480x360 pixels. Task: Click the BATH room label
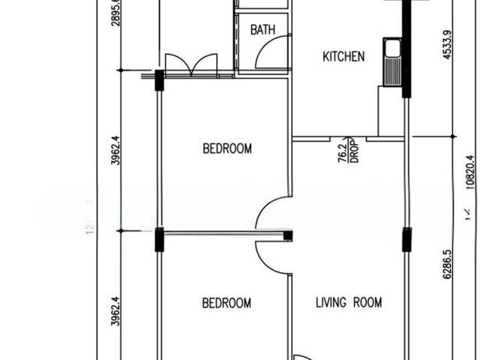[262, 30]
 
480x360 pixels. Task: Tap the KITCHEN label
[343, 56]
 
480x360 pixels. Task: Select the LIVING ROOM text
[349, 303]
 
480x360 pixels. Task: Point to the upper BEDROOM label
[227, 148]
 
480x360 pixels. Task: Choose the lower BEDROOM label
[226, 303]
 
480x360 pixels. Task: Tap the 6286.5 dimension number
[448, 265]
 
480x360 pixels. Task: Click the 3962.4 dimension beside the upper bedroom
[115, 150]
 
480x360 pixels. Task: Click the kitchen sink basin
[391, 49]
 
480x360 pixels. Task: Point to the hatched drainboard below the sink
[391, 72]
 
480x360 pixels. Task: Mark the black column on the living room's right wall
[406, 240]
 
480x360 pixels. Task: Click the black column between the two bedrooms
[159, 240]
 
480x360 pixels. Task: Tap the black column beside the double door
[159, 80]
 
